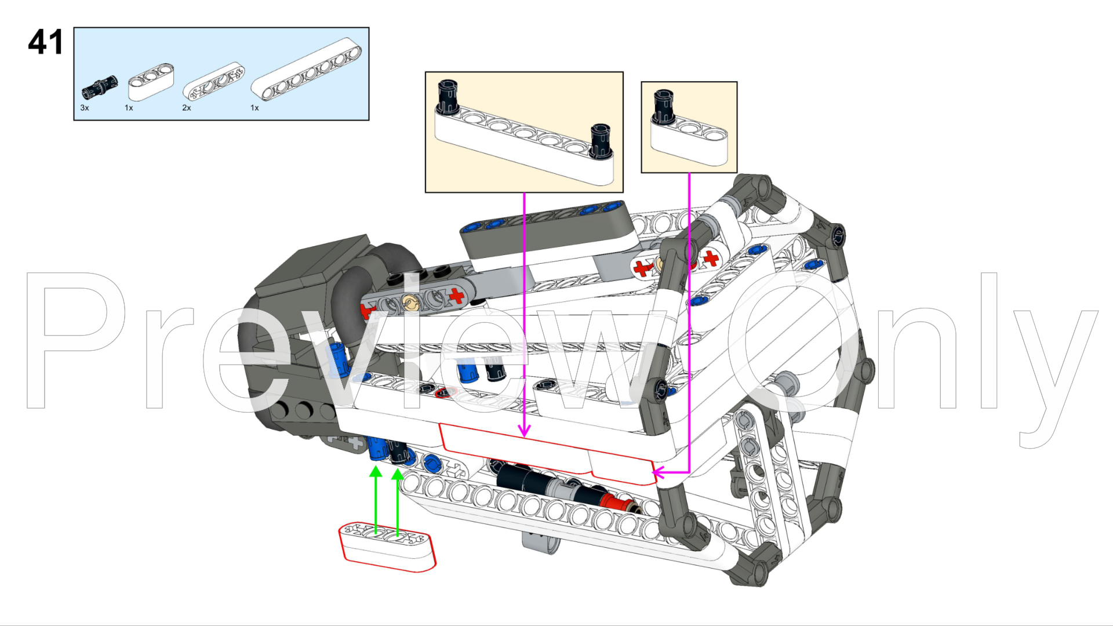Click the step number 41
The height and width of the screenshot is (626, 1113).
pyautogui.click(x=45, y=42)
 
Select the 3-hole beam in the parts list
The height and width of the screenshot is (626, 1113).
pyautogui.click(x=151, y=81)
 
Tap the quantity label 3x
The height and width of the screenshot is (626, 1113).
pyautogui.click(x=85, y=108)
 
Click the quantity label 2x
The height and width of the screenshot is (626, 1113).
pyautogui.click(x=186, y=108)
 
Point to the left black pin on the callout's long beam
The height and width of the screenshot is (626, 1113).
pyautogui.click(x=447, y=97)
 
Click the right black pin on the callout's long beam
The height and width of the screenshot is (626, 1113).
pyautogui.click(x=601, y=140)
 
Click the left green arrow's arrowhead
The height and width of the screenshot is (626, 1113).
pyautogui.click(x=376, y=472)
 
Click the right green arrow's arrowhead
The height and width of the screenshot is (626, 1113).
pyautogui.click(x=397, y=474)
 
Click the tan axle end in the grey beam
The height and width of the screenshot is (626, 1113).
pyautogui.click(x=410, y=301)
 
